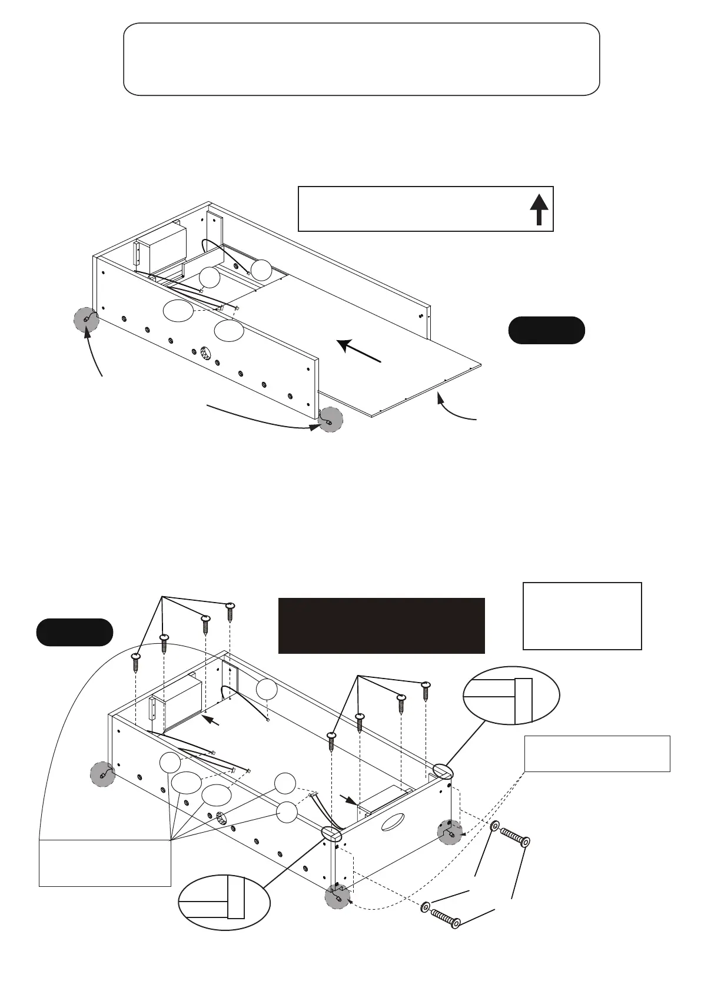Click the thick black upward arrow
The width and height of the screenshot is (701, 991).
(539, 209)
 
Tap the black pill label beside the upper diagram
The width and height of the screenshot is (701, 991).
(546, 330)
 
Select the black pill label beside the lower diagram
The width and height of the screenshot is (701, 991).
(75, 633)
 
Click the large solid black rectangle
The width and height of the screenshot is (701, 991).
(381, 626)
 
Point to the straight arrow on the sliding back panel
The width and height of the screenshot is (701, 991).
(360, 351)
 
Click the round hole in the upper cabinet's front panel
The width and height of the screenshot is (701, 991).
(206, 353)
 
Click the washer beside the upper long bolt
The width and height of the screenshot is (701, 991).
(496, 827)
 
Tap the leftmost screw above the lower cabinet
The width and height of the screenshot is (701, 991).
(136, 661)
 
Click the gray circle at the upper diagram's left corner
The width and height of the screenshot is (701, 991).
(87, 320)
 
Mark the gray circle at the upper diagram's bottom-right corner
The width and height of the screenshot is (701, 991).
(330, 420)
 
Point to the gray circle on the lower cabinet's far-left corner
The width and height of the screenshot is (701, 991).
(103, 774)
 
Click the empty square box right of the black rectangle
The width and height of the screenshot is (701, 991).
(582, 616)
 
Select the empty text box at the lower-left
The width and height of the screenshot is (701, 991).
(105, 862)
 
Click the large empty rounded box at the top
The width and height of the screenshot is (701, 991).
(361, 59)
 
